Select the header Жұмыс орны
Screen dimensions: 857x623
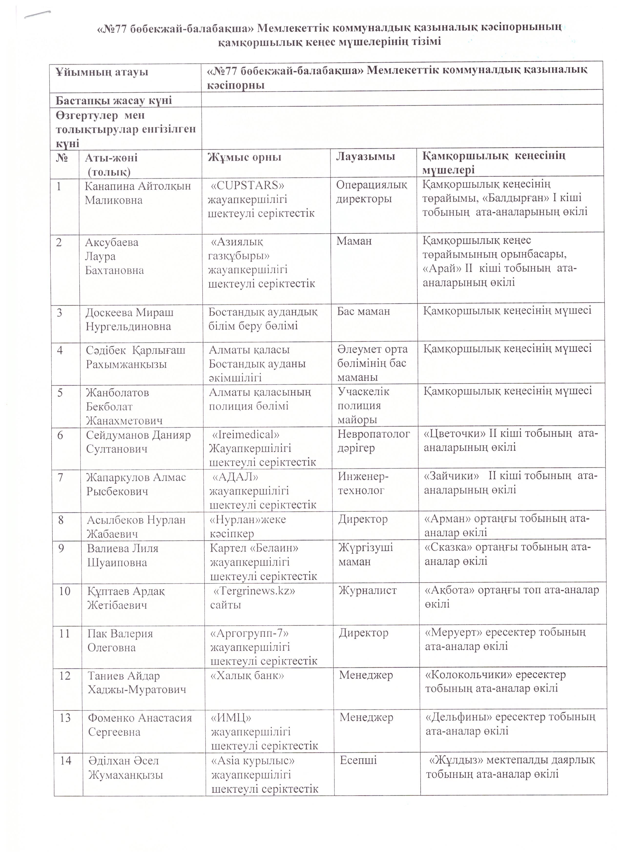[x=244, y=157]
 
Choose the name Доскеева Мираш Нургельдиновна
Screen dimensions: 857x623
[x=129, y=319]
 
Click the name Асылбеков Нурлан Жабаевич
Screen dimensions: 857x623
[x=136, y=526]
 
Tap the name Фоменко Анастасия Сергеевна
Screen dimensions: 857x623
[x=140, y=724]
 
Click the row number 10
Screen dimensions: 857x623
[x=65, y=591]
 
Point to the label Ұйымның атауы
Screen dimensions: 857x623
[x=102, y=72]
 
